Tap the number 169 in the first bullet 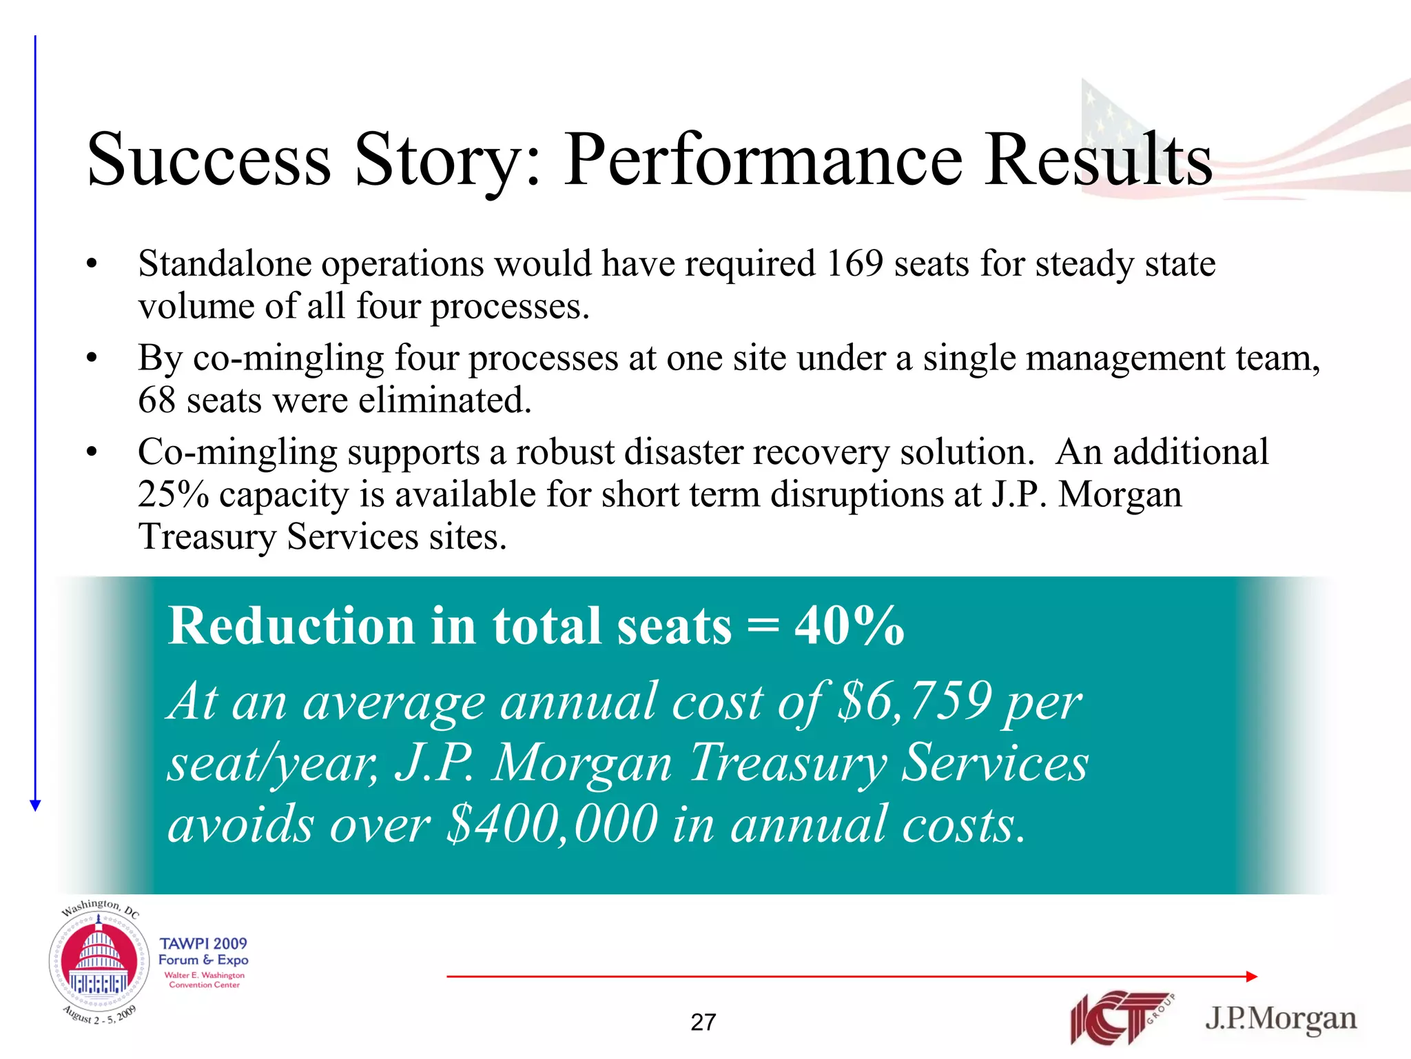click(x=854, y=264)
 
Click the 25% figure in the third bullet click(x=173, y=495)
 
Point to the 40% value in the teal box click(x=849, y=626)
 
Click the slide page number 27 click(x=703, y=1022)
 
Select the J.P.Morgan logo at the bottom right click(x=1281, y=1018)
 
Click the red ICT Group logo click(x=1119, y=1018)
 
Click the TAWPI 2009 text click(x=203, y=943)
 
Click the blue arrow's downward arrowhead click(x=36, y=805)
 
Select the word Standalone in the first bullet click(x=227, y=264)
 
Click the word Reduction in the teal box click(x=290, y=626)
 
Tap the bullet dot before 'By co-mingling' click(x=92, y=359)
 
